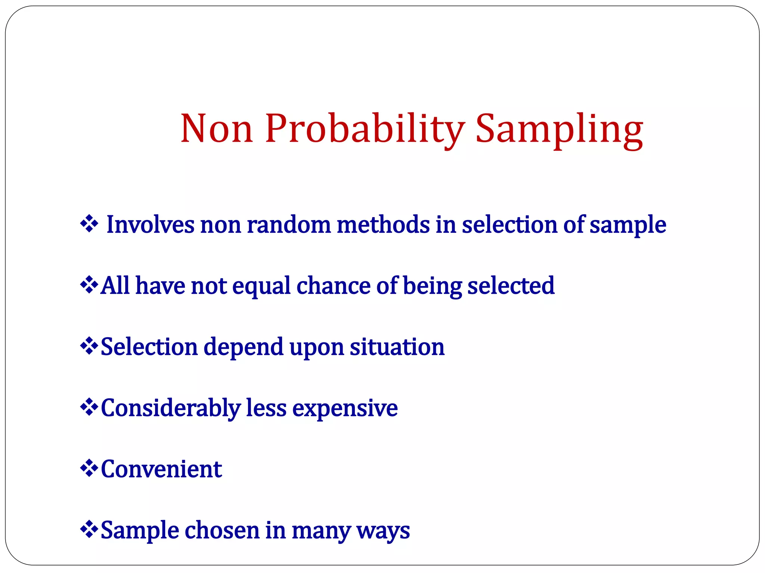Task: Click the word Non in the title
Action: tap(217, 129)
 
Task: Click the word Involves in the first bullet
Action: tap(150, 225)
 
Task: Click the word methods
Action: tap(383, 225)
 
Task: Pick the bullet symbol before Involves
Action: tap(89, 224)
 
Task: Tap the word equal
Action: tap(261, 286)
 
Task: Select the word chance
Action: tap(334, 286)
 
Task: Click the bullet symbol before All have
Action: tap(89, 285)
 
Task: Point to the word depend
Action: tap(244, 347)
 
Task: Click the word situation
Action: tap(397, 347)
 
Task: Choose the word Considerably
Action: tap(171, 408)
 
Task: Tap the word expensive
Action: tap(345, 408)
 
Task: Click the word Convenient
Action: tap(161, 469)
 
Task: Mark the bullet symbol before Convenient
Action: tap(89, 469)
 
